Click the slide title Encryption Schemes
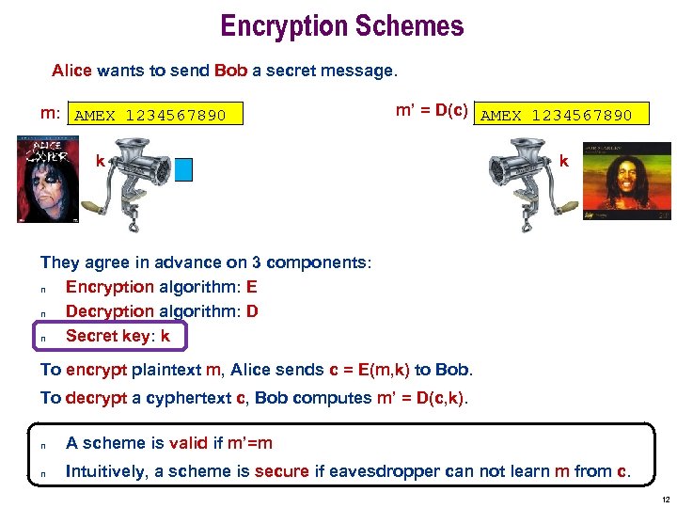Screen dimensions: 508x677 click(x=342, y=25)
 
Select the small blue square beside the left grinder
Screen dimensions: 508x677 click(x=183, y=169)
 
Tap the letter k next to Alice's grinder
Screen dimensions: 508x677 click(x=100, y=162)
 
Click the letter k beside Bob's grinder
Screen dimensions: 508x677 click(x=563, y=162)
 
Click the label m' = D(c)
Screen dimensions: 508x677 click(x=432, y=110)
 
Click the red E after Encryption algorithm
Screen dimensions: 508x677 click(x=252, y=287)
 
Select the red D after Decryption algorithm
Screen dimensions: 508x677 click(x=252, y=310)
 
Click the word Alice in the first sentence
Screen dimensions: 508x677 click(x=71, y=71)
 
